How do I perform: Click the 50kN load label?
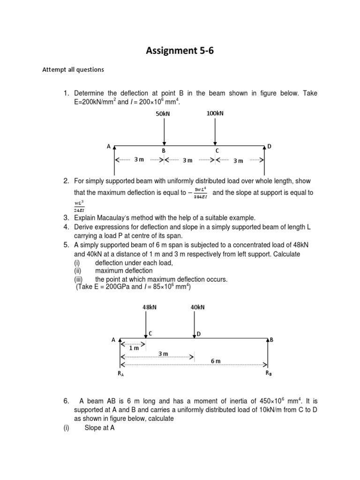(163, 114)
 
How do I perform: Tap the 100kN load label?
(214, 113)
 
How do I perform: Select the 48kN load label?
(150, 307)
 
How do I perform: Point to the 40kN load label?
(197, 307)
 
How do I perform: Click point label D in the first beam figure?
(269, 147)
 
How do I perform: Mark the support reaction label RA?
(121, 374)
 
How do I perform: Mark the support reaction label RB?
(268, 373)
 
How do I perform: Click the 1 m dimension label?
(134, 348)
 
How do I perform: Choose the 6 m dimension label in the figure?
(216, 360)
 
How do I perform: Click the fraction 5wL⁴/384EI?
(201, 193)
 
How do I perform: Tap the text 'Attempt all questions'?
(73, 70)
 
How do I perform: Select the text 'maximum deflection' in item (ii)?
(124, 270)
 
